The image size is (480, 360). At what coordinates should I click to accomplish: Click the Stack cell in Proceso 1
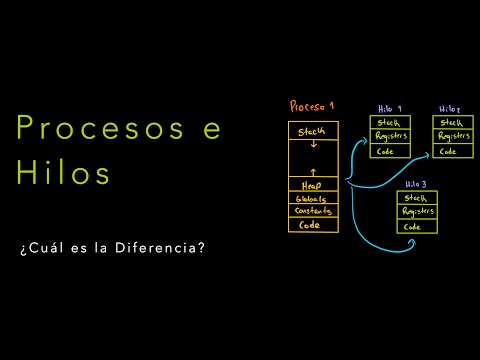[313, 131]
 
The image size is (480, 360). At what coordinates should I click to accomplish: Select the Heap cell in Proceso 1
[313, 185]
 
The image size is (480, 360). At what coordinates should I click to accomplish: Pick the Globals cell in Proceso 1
[313, 198]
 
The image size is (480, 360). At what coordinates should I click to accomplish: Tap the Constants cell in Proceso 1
[313, 211]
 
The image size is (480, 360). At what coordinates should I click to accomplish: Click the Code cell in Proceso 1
[313, 225]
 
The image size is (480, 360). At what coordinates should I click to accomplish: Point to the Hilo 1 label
[390, 108]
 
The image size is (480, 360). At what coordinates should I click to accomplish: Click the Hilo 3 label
[416, 186]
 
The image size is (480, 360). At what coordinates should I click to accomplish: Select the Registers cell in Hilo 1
[390, 137]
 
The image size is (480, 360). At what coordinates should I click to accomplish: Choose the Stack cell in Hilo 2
[452, 123]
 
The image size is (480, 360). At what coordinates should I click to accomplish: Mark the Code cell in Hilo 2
[452, 151]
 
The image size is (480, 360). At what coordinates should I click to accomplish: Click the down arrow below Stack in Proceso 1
[313, 144]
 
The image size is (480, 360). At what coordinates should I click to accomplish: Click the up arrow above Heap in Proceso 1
[313, 171]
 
